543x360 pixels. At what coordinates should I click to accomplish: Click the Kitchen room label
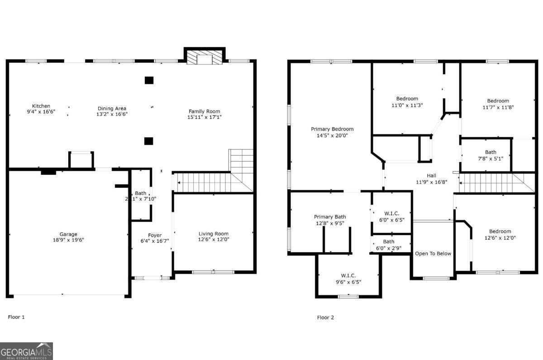41,106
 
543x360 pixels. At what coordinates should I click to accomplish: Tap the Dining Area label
112,108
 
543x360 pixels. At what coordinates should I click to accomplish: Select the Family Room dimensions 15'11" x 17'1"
204,117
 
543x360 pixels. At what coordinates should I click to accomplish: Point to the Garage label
68,234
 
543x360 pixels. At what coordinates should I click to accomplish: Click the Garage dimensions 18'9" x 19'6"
68,240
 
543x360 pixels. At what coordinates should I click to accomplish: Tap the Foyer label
155,235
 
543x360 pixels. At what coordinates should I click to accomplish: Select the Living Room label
213,234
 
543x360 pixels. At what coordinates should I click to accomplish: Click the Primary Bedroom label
332,129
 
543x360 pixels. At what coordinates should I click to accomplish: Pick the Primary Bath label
330,217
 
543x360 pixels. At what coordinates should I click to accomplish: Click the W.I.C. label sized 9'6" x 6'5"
348,275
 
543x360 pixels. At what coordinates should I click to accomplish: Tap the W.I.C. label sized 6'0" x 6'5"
391,214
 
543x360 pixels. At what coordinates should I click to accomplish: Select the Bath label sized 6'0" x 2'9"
388,241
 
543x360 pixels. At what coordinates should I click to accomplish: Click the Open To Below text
433,254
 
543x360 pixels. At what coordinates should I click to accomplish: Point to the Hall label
431,176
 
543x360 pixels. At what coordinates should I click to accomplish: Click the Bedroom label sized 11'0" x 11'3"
407,98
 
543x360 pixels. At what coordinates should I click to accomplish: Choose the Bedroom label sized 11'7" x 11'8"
498,101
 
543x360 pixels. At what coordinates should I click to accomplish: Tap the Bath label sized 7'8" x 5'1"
491,152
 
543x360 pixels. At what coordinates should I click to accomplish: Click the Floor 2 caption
325,317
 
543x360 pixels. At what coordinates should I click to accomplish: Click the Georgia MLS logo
27,351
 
